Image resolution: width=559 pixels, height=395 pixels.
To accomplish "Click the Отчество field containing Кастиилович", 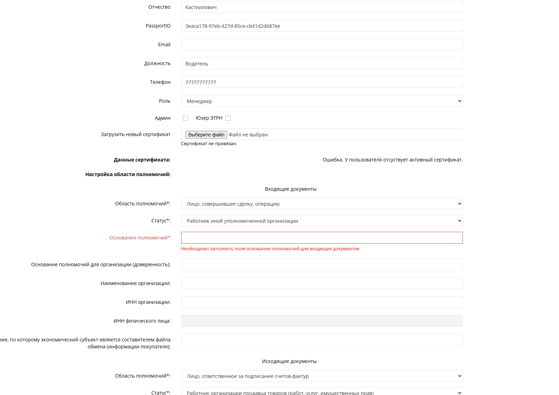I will (x=321, y=7).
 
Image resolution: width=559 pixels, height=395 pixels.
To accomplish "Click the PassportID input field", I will (x=321, y=26).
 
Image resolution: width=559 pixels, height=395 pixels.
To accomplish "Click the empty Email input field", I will (x=321, y=45).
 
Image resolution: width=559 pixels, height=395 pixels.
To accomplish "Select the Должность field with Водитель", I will (x=321, y=63).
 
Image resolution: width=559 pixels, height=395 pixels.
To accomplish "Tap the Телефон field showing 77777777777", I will (x=321, y=82).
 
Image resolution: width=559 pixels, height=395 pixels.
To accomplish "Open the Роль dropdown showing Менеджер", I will (x=321, y=101).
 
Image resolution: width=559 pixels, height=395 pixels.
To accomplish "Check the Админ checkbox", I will (x=185, y=118).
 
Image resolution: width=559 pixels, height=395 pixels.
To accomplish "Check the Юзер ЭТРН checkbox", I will (x=228, y=118).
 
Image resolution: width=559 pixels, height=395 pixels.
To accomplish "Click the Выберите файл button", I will (x=206, y=135).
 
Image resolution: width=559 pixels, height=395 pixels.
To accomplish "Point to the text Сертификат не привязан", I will (x=208, y=144).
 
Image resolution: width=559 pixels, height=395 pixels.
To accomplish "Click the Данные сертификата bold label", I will (x=142, y=160).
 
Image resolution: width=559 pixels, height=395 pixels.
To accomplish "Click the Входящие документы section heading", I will (x=290, y=189).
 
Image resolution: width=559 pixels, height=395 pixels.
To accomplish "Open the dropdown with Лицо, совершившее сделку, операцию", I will (x=321, y=204).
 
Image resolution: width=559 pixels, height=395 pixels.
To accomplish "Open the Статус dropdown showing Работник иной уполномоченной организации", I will (x=321, y=221).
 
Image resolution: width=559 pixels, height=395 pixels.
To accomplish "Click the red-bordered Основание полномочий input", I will (x=321, y=238).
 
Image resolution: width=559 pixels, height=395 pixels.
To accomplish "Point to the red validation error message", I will (x=270, y=249).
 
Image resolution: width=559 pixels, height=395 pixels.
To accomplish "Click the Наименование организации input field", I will (x=321, y=283).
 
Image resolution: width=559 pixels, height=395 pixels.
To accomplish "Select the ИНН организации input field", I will (x=321, y=302).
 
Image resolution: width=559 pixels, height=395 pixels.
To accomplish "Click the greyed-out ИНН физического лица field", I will (x=321, y=321).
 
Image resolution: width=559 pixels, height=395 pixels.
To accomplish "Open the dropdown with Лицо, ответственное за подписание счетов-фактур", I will (x=321, y=376).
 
